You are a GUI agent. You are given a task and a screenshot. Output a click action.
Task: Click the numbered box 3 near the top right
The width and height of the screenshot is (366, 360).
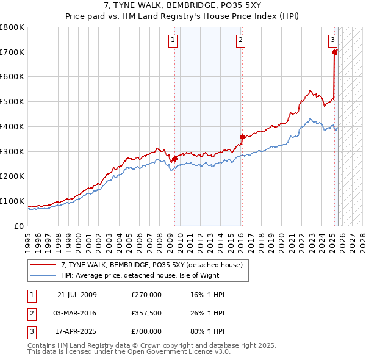(x=332, y=40)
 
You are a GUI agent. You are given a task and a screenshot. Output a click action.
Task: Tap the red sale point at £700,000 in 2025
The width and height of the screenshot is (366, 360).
(x=335, y=52)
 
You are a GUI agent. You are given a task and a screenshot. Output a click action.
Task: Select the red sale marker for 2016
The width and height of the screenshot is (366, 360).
(x=243, y=137)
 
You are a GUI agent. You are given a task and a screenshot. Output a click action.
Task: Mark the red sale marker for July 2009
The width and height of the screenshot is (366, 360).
(x=174, y=159)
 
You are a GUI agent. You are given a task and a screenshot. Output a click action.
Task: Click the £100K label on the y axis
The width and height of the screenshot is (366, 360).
(x=12, y=201)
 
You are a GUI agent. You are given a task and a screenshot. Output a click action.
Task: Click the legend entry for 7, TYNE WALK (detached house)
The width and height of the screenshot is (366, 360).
(x=152, y=264)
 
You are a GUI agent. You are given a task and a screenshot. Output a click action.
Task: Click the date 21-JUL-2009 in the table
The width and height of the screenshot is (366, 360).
(x=77, y=295)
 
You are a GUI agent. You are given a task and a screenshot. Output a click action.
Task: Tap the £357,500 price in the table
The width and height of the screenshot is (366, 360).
(x=146, y=313)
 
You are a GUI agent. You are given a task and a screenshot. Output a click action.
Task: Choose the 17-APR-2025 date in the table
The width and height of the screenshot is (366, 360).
(x=77, y=331)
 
